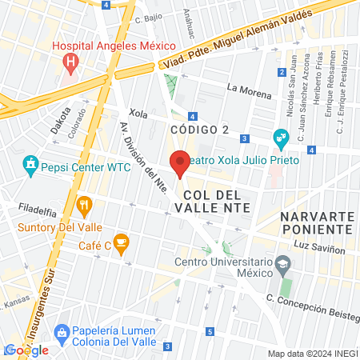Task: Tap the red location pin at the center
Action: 180,163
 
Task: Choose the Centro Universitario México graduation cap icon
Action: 282,264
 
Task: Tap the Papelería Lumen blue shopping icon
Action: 60,332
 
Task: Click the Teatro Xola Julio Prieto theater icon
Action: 281,138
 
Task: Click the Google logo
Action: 26,350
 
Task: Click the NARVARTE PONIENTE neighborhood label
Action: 316,222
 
